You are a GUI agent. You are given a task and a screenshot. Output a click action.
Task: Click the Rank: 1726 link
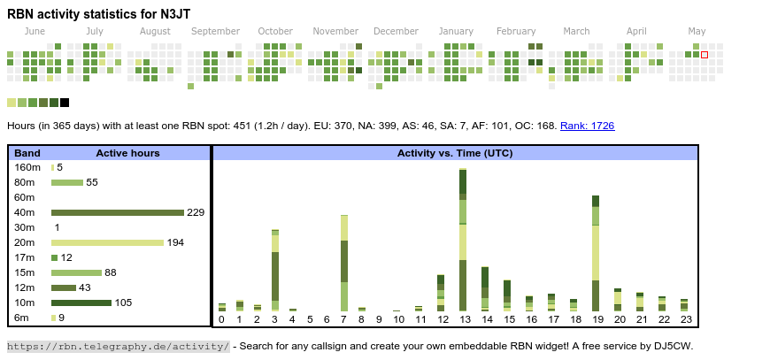pos(587,126)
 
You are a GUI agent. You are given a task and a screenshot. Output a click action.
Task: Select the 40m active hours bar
pos(118,212)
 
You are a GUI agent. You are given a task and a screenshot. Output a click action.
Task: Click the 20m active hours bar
pos(107,242)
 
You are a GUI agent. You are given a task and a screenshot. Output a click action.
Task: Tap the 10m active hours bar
pos(81,303)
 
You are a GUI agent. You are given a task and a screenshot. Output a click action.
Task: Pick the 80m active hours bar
pos(67,182)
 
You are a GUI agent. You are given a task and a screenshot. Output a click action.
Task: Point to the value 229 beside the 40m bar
pos(196,212)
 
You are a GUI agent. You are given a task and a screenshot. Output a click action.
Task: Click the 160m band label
pos(27,167)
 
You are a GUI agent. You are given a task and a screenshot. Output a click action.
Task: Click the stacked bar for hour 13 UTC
pos(463,239)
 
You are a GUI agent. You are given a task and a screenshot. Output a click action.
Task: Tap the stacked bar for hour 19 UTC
pos(596,253)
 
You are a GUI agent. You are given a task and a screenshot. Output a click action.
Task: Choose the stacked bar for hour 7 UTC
pos(343,263)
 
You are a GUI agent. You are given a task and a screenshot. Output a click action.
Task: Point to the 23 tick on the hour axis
pos(684,319)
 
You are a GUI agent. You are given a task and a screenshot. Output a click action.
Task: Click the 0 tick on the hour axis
pos(221,319)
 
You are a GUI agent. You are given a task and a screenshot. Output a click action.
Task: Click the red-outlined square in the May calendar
pos(705,55)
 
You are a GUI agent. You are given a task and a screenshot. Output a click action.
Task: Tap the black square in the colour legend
pos(65,103)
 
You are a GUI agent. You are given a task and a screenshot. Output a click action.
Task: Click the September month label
pos(215,32)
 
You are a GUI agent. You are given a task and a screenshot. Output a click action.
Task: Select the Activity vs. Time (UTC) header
pos(455,153)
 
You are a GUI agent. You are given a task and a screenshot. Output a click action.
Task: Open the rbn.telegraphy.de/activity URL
pos(119,346)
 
